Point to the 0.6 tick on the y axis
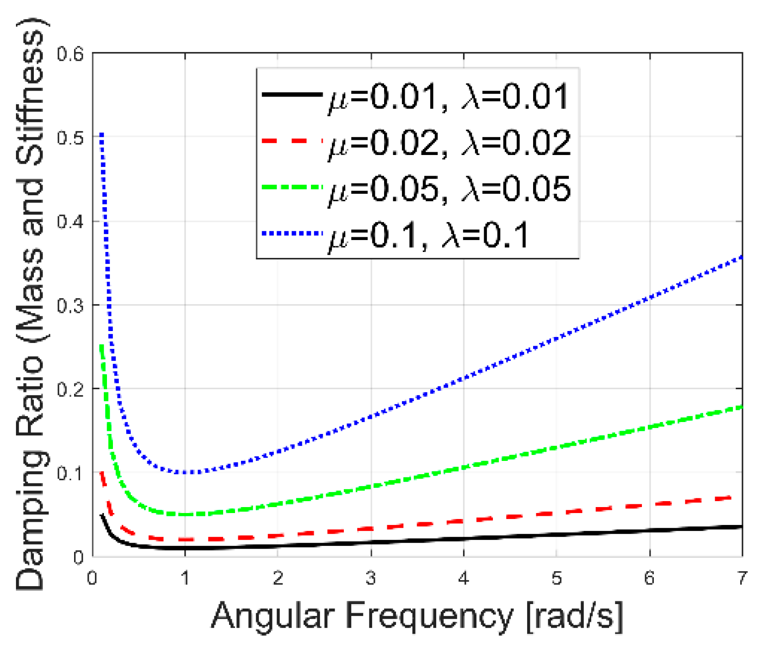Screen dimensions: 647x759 [71, 54]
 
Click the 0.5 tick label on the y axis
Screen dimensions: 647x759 [71, 138]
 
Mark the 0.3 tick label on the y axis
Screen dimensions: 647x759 [71, 305]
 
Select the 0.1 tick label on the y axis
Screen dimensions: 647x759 [71, 473]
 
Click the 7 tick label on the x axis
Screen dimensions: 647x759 [742, 578]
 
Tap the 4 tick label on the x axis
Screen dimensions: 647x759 [464, 578]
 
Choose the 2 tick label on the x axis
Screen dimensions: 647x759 [278, 578]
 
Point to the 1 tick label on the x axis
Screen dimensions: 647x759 [185, 578]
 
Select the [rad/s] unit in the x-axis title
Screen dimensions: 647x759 [575, 616]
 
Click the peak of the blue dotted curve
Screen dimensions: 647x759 [102, 134]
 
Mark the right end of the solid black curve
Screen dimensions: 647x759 [741, 527]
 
